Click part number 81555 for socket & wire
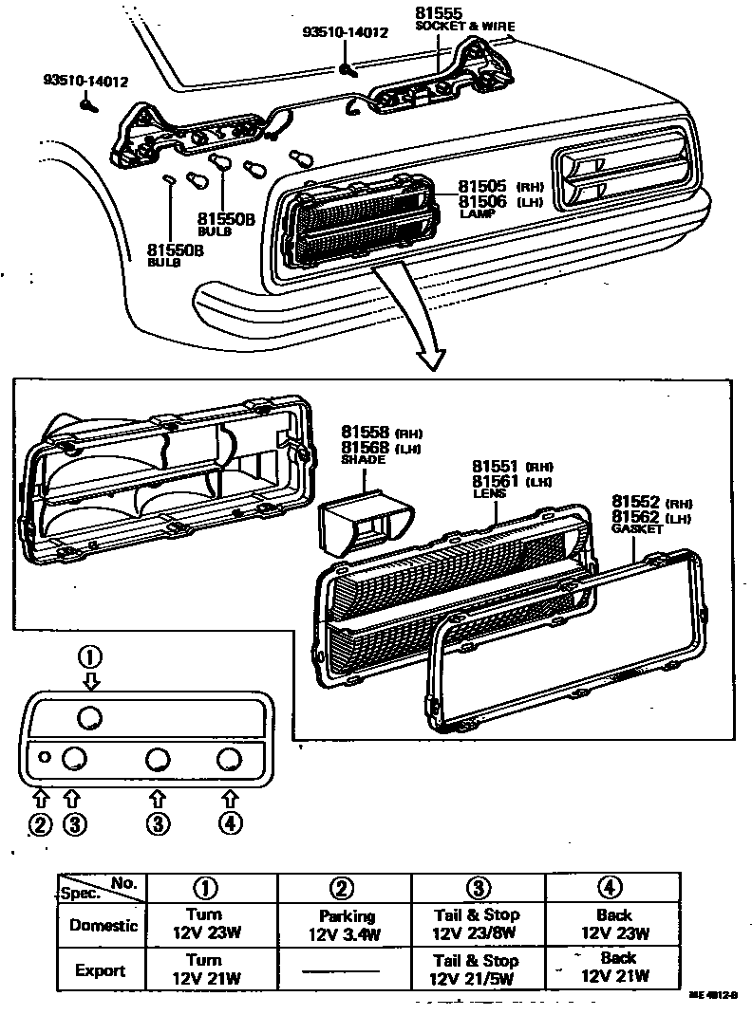439,13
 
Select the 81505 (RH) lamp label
482,186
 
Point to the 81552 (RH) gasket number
636,501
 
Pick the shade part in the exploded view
363,520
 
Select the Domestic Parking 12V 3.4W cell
344,926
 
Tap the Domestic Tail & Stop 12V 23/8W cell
477,924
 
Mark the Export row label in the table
101,970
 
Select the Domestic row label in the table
103,925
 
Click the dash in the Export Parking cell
344,970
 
